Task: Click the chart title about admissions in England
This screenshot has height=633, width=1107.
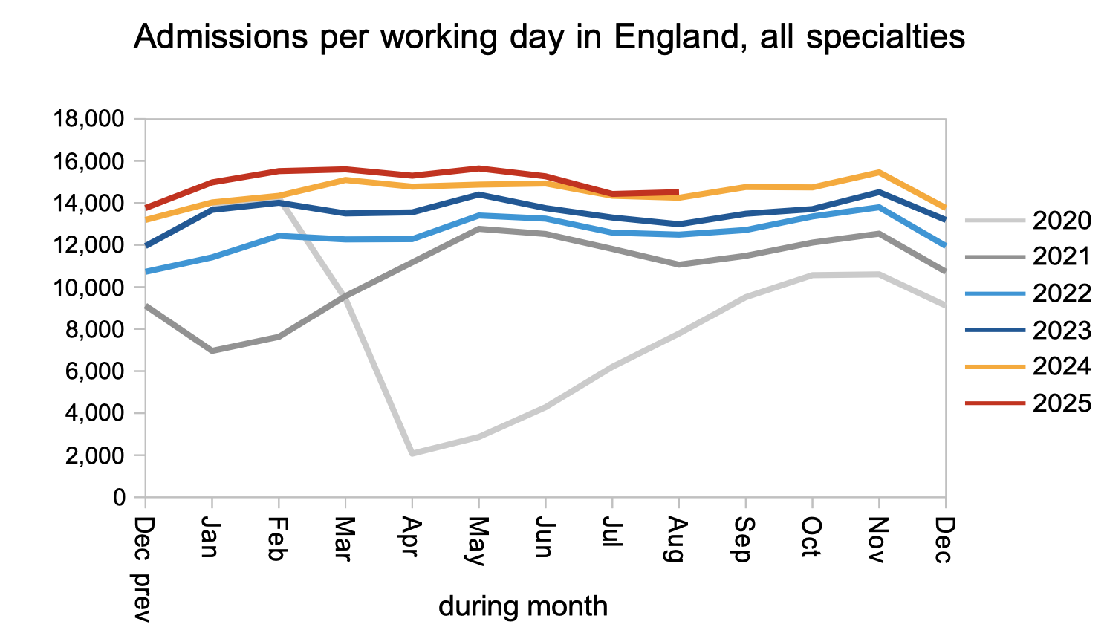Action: tap(549, 36)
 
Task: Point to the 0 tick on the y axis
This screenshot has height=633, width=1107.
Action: tap(119, 497)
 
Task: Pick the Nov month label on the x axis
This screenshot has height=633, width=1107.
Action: tap(878, 540)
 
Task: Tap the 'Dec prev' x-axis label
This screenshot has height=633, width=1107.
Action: tap(142, 569)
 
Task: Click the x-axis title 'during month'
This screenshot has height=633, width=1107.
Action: tap(523, 606)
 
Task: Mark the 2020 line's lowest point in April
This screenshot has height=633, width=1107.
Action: tap(412, 453)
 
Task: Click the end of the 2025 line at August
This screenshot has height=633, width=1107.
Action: tap(678, 192)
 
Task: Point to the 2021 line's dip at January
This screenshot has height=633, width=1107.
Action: tap(212, 351)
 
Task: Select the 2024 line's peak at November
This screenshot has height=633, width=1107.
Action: tap(879, 172)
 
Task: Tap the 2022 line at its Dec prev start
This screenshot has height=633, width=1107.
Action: tap(146, 272)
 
